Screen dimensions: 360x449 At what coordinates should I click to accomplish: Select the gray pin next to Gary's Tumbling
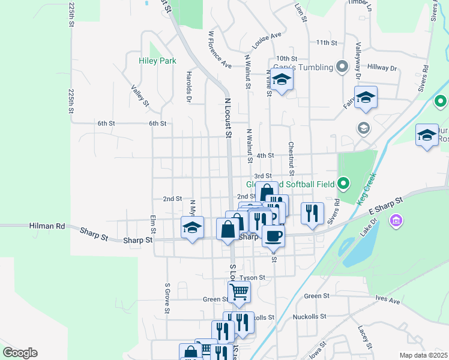pyautogui.click(x=342, y=66)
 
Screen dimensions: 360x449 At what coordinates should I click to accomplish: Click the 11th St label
pyautogui.click(x=327, y=43)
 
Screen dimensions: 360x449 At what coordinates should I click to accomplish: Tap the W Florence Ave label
pyautogui.click(x=220, y=49)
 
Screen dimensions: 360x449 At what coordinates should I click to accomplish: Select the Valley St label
pyautogui.click(x=140, y=96)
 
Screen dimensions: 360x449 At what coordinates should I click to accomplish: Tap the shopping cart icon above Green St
pyautogui.click(x=239, y=292)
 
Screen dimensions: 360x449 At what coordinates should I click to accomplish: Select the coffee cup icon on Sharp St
pyautogui.click(x=273, y=236)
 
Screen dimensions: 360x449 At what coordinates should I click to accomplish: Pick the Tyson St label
pyautogui.click(x=252, y=278)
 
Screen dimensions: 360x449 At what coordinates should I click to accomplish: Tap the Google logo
pyautogui.click(x=20, y=353)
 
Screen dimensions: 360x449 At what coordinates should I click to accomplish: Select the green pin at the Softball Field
pyautogui.click(x=343, y=182)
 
